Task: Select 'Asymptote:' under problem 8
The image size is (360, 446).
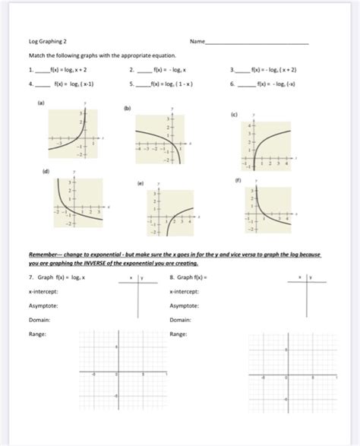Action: [185, 305]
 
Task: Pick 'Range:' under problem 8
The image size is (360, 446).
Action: [179, 334]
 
